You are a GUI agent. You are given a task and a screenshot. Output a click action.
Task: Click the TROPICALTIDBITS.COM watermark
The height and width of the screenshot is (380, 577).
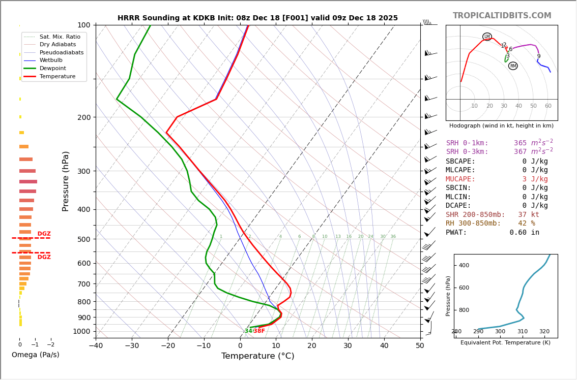(502, 16)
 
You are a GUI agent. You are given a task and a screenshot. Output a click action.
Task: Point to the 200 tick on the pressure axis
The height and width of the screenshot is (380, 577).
(84, 117)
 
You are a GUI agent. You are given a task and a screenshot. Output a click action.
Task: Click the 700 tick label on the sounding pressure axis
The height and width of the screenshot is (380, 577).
(84, 284)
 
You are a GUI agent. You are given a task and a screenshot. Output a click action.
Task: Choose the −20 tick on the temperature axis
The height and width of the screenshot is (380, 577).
(168, 346)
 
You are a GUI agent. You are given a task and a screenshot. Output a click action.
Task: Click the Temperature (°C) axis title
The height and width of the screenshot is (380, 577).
(257, 356)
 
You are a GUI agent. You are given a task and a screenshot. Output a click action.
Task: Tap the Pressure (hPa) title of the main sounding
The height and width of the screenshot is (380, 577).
(66, 181)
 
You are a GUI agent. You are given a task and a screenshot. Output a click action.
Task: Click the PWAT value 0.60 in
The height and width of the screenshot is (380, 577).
(524, 233)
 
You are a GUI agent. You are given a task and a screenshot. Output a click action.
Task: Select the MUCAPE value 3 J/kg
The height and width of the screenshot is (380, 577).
(528, 179)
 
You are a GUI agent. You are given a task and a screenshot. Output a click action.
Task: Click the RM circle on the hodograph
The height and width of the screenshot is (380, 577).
(513, 66)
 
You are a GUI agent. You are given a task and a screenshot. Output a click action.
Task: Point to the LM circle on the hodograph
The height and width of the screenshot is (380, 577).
(487, 37)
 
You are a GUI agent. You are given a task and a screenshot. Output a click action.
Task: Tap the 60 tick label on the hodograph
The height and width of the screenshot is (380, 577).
(548, 106)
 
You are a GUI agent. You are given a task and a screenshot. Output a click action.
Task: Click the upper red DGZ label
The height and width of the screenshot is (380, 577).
(44, 234)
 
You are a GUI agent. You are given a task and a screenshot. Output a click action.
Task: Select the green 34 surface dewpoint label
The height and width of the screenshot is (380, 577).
(248, 331)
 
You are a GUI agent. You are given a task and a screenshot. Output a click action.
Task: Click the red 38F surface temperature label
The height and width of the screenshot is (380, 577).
(259, 331)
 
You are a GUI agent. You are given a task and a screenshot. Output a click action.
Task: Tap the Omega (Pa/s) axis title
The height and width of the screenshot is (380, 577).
(36, 355)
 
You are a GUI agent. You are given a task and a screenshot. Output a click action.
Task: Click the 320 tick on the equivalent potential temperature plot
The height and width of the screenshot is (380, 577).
(544, 332)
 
